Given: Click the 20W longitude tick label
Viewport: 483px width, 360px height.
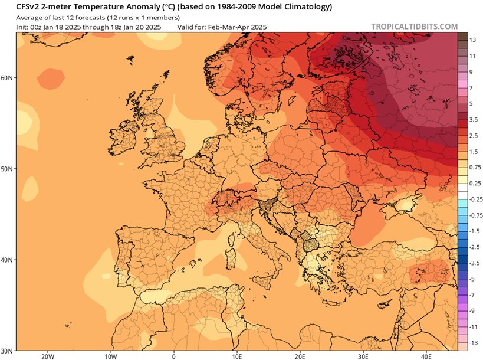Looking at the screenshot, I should [48, 356].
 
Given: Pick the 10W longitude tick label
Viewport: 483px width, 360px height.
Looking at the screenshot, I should [110, 356].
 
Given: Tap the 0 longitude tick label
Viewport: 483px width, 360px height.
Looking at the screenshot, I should [173, 356].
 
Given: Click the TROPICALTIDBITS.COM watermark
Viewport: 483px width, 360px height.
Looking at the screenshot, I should [414, 27].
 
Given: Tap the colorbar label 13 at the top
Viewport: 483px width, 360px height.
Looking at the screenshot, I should [472, 39].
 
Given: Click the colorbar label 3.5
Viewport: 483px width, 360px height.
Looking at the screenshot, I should [473, 119].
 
